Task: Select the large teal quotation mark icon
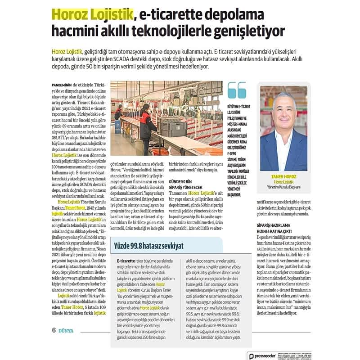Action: (237, 90)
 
